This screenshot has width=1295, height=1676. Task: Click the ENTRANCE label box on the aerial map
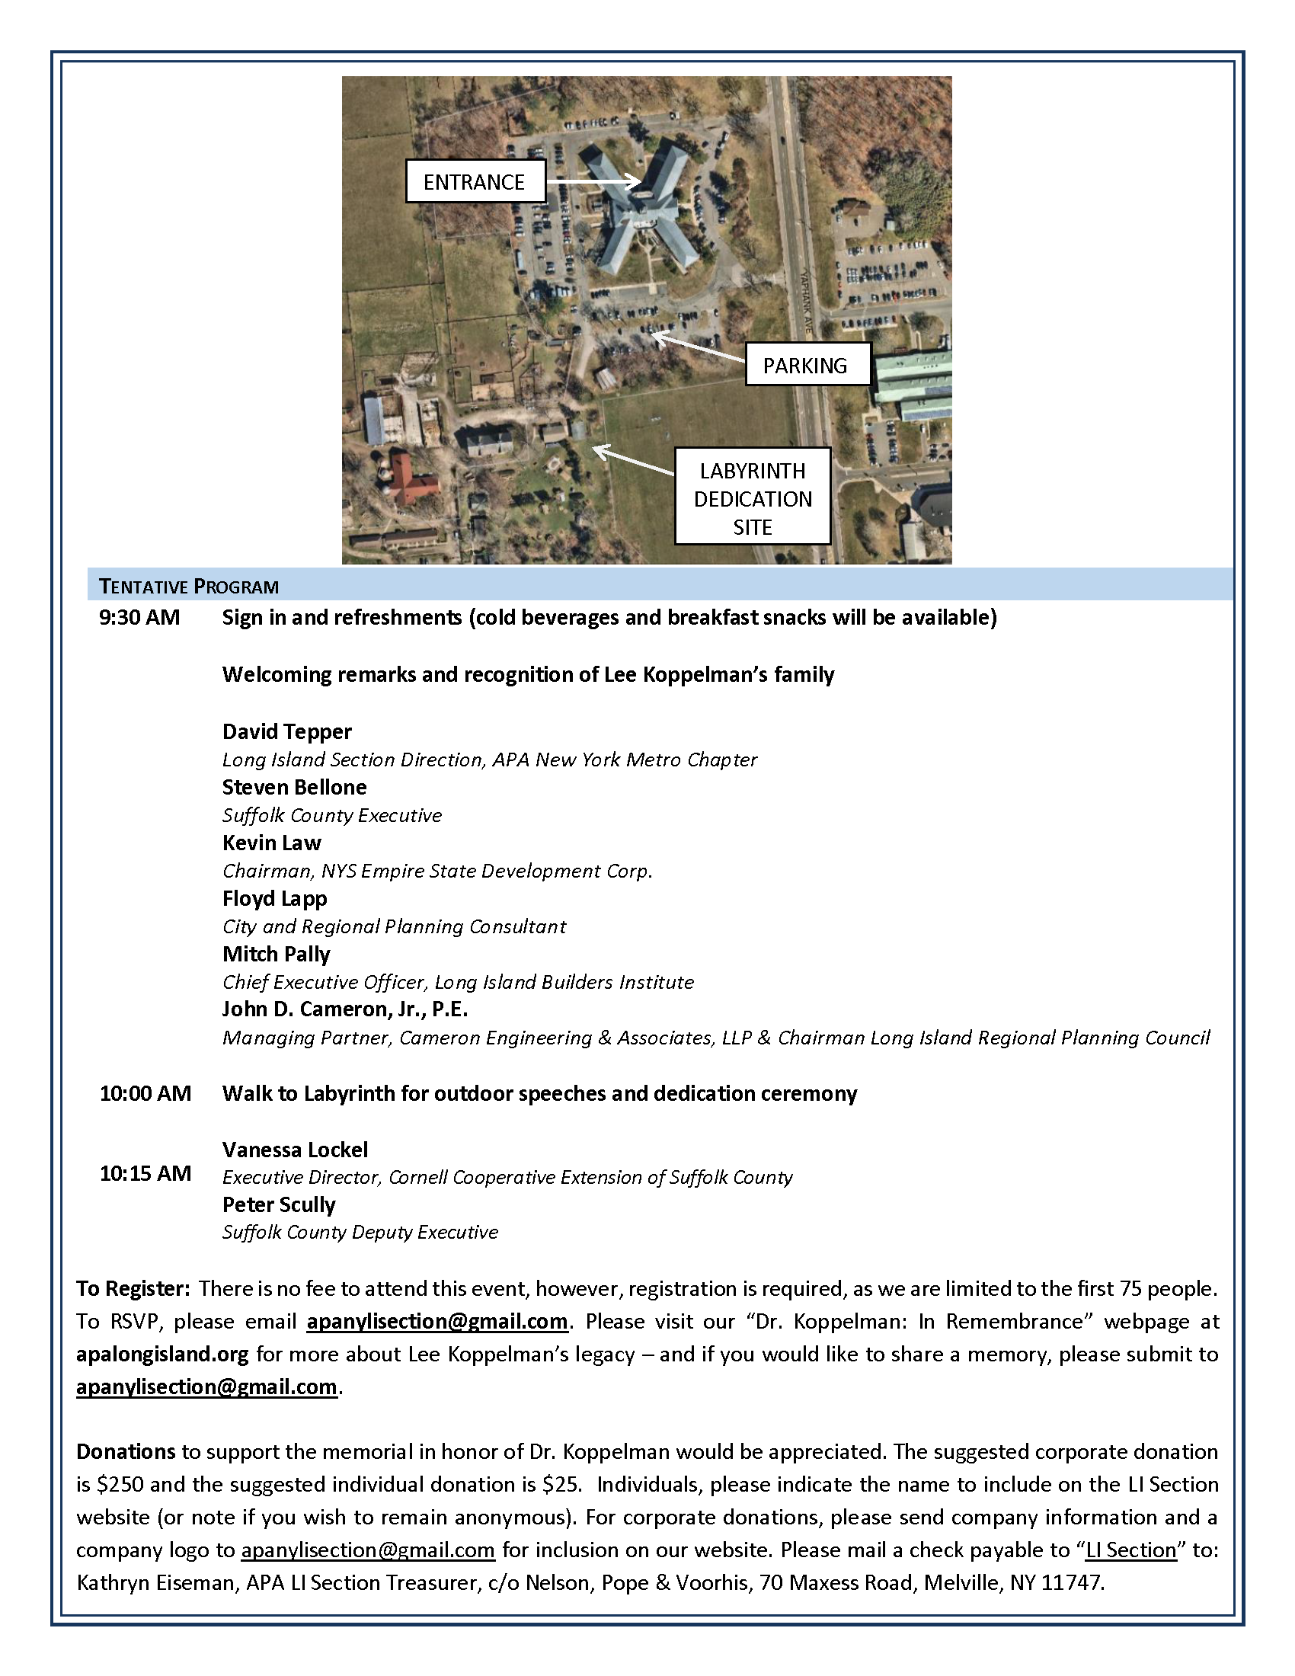coord(474,181)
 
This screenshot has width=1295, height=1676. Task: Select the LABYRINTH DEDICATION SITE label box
coord(752,498)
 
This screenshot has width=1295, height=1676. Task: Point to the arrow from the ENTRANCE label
coord(593,181)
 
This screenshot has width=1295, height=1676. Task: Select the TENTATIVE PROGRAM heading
coord(189,587)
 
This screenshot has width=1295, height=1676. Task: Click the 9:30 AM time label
coord(139,618)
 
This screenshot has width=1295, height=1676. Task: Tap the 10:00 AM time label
coord(145,1093)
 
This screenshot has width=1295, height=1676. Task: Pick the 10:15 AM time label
coord(145,1173)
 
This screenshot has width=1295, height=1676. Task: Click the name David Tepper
coord(287,731)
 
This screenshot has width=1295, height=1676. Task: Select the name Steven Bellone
coord(295,788)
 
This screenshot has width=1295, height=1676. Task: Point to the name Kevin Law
coord(272,843)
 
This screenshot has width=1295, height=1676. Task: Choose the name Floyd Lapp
coord(275,899)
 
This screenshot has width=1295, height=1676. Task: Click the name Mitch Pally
coord(277,955)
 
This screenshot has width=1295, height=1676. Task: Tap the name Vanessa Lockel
coord(296,1150)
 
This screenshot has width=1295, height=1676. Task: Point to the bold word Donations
coord(126,1452)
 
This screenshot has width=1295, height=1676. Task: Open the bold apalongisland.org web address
coord(161,1355)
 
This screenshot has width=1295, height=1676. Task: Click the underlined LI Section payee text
coord(1130,1550)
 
